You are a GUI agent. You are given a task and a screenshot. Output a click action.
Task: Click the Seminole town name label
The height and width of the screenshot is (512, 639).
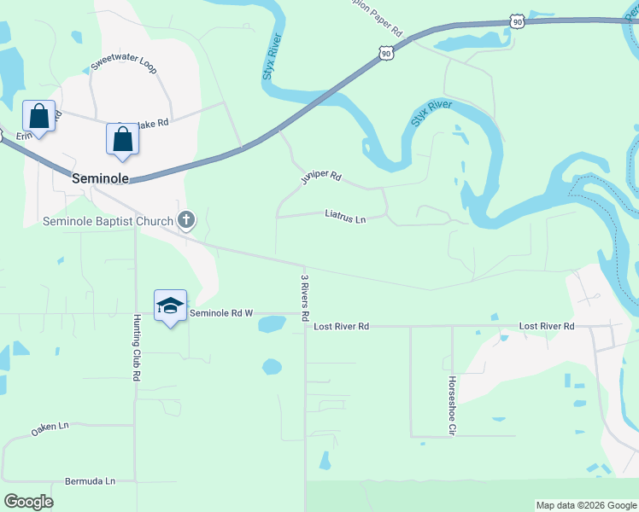(x=100, y=178)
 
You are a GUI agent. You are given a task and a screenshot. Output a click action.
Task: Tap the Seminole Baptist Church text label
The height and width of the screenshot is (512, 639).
(x=108, y=222)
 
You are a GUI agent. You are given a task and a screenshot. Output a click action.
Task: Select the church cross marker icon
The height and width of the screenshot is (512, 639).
(x=185, y=220)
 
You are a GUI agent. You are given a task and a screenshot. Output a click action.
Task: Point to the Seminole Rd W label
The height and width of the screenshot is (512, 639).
(x=221, y=313)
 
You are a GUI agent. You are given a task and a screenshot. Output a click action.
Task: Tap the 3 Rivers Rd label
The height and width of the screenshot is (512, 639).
(x=304, y=296)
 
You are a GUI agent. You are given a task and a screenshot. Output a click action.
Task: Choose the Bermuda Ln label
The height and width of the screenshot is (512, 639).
(x=90, y=481)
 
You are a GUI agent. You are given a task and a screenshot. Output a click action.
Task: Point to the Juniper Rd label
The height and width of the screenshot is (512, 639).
(x=321, y=177)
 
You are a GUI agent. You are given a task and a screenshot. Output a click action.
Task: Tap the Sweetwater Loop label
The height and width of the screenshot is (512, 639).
(x=124, y=66)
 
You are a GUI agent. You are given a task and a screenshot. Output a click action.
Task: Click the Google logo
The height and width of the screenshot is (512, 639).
(x=28, y=502)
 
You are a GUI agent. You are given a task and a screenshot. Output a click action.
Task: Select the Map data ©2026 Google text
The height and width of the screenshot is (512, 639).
(x=586, y=505)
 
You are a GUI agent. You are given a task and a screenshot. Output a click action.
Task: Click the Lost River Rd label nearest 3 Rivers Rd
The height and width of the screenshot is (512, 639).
(x=341, y=327)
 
